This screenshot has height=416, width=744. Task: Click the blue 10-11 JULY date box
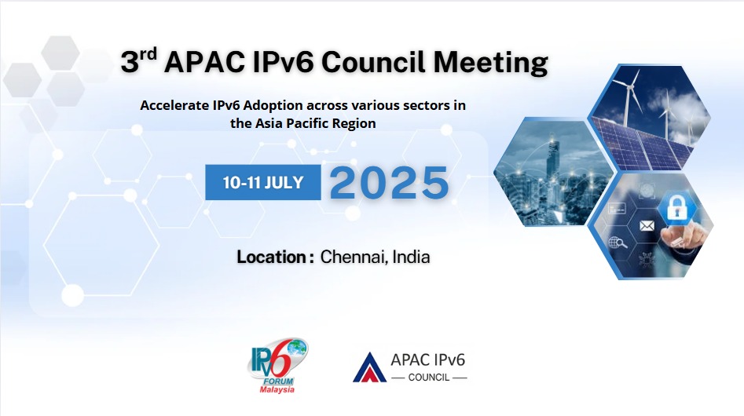(x=263, y=182)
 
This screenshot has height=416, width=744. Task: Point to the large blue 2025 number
(x=389, y=182)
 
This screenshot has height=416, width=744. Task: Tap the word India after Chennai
(x=412, y=257)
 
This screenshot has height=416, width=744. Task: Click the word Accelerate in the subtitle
(x=174, y=105)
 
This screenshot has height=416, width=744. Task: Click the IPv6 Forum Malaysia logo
(x=277, y=365)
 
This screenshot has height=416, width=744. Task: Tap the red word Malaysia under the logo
(x=277, y=389)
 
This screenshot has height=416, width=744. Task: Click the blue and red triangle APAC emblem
(x=369, y=367)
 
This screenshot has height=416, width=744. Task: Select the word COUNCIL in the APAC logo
(x=429, y=378)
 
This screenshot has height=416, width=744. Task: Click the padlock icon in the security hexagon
(x=676, y=207)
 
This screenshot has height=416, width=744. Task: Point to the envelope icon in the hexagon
(x=647, y=226)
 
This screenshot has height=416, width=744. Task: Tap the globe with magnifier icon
(x=618, y=243)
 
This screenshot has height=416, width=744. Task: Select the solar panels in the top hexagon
(x=644, y=144)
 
